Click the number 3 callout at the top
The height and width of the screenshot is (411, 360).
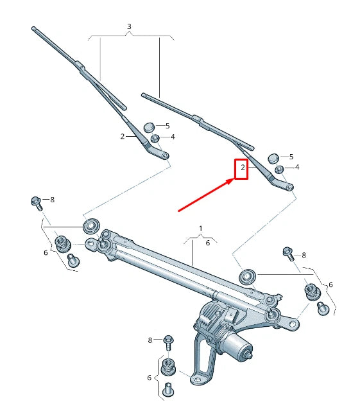click(129, 27)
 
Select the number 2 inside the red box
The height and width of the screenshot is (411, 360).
click(241, 169)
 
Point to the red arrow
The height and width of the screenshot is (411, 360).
click(205, 195)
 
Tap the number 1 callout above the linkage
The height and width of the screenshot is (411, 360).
click(200, 229)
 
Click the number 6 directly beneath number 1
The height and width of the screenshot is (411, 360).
click(207, 243)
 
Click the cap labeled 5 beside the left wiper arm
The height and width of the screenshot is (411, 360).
click(149, 127)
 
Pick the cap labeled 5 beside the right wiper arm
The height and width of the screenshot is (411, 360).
click(273, 157)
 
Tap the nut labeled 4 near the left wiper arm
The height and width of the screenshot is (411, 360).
click(155, 138)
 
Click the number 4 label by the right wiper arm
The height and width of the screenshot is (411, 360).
click(296, 167)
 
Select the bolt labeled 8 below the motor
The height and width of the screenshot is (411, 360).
click(168, 340)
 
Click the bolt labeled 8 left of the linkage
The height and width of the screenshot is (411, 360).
click(37, 202)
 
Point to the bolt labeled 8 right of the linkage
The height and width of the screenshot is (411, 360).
click(288, 252)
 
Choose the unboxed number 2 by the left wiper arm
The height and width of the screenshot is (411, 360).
click(122, 136)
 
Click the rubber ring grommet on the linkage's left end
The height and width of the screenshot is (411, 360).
click(91, 225)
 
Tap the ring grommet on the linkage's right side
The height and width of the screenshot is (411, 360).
click(246, 277)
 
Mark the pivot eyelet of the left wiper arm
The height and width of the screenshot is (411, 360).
click(165, 155)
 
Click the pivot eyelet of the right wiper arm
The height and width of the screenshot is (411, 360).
click(289, 188)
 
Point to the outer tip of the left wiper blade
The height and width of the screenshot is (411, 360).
click(33, 29)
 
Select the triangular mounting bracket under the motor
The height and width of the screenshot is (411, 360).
click(204, 366)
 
